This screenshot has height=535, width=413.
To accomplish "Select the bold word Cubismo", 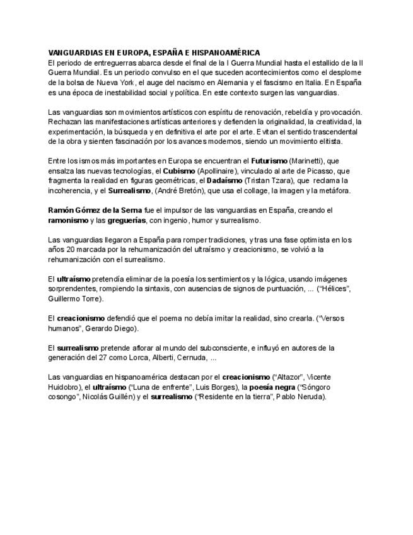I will pyautogui.click(x=179, y=170).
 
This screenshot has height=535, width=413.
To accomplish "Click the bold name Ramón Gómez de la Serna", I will pyautogui.click(x=90, y=209).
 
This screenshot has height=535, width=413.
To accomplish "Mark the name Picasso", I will pyautogui.click(x=318, y=170).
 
